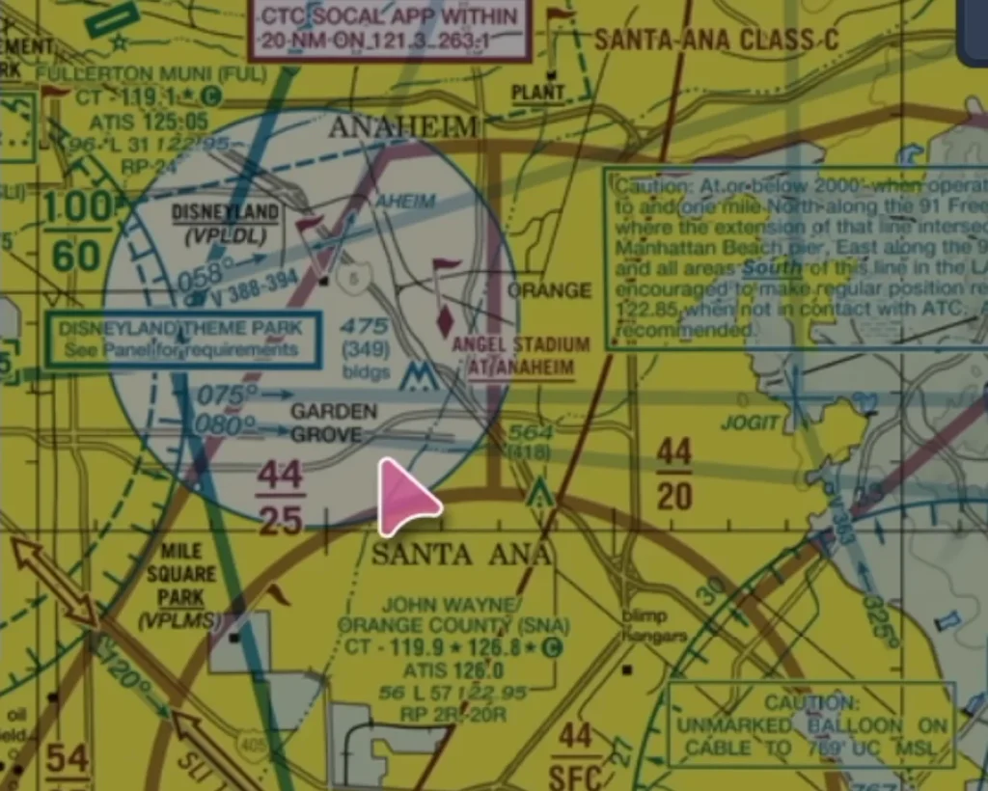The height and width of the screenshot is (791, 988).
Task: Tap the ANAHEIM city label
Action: click(x=403, y=126)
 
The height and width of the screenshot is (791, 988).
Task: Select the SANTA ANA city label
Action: click(x=461, y=554)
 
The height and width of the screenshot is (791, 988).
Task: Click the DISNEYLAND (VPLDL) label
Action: click(x=225, y=221)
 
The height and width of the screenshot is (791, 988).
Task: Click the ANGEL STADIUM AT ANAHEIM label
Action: click(x=520, y=355)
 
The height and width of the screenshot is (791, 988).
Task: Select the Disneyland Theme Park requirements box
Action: click(x=182, y=339)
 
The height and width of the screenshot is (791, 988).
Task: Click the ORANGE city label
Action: click(x=549, y=290)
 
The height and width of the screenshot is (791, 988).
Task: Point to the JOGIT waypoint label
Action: click(x=750, y=423)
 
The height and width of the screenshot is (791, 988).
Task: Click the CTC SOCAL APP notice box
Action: click(x=391, y=29)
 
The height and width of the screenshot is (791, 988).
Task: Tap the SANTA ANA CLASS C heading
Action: click(x=716, y=41)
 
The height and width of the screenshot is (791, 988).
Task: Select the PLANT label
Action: click(x=538, y=93)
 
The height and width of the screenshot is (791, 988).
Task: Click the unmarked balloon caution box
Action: click(x=811, y=724)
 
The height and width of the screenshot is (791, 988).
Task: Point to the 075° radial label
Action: click(x=227, y=395)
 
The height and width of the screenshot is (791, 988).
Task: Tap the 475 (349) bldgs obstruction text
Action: click(x=365, y=348)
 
